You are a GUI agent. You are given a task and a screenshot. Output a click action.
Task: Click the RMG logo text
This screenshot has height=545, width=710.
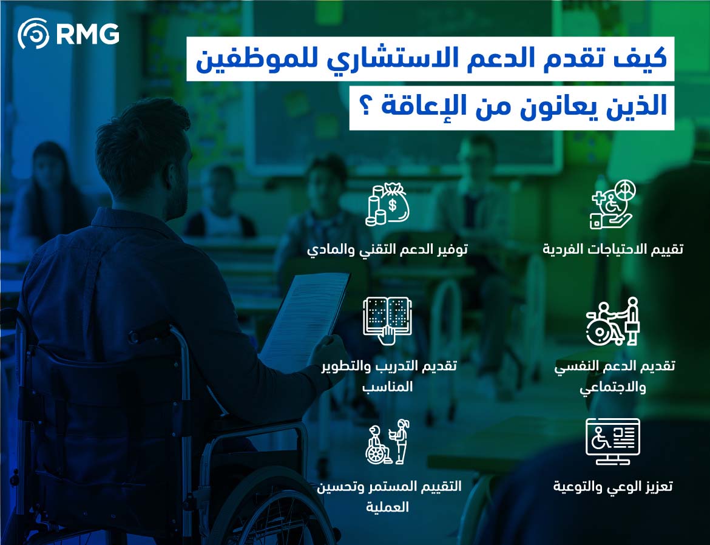point(87,33)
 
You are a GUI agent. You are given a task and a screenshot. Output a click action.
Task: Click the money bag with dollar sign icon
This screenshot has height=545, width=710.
point(387,204)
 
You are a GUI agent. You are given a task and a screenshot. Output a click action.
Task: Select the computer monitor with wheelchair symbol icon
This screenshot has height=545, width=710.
point(612,441)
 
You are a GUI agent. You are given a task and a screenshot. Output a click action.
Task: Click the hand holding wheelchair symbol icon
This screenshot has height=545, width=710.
point(612,205)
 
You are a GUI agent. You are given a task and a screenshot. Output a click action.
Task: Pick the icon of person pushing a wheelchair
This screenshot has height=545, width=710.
point(612,321)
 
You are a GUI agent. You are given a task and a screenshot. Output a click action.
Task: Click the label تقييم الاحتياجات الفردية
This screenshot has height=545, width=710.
point(613,249)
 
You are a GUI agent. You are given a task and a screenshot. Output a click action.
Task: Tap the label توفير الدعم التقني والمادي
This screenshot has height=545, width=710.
point(387,249)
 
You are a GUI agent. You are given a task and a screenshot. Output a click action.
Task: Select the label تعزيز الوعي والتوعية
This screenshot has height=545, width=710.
point(613,486)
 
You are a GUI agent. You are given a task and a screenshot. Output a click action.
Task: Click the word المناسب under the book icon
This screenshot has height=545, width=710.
point(387,387)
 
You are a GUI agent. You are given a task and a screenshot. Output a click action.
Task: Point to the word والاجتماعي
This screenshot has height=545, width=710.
point(613,387)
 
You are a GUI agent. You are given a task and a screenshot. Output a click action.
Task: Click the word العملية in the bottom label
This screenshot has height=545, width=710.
point(387,507)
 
